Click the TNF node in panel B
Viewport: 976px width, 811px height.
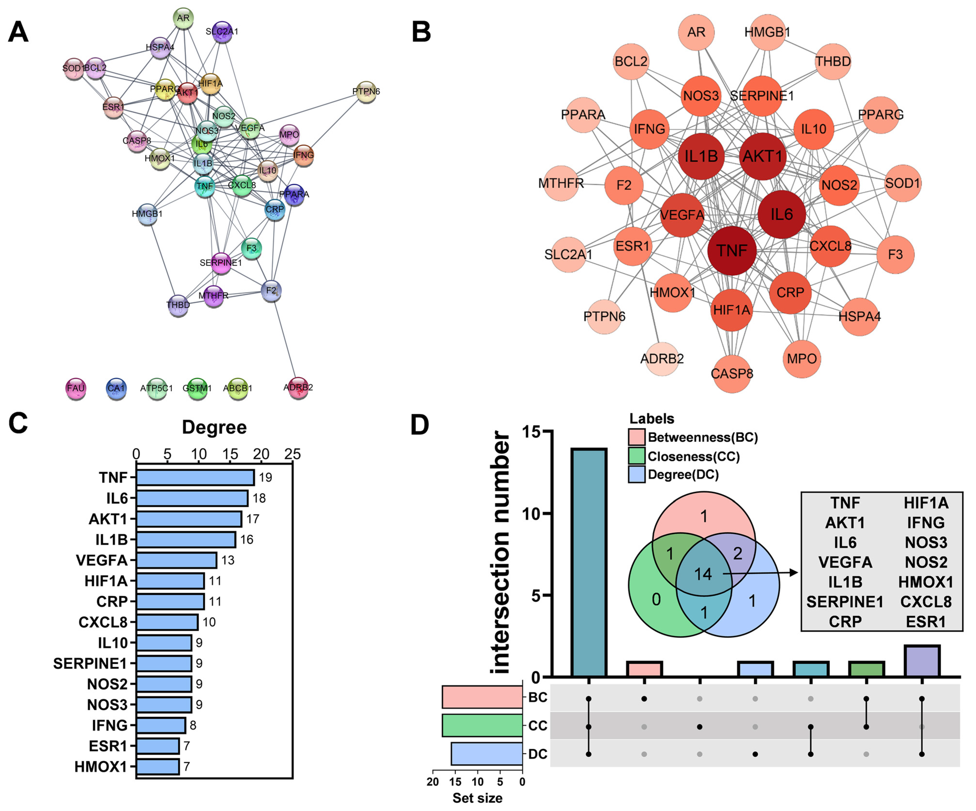click(732, 251)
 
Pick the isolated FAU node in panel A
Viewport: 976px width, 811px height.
click(75, 388)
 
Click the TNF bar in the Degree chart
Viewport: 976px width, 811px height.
click(195, 477)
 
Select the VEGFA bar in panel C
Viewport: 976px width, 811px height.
click(177, 560)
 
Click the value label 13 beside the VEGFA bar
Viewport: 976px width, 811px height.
click(228, 560)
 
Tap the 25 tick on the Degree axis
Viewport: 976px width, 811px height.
click(292, 454)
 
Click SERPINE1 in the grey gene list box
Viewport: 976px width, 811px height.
click(844, 602)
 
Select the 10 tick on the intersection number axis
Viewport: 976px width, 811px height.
click(531, 513)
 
